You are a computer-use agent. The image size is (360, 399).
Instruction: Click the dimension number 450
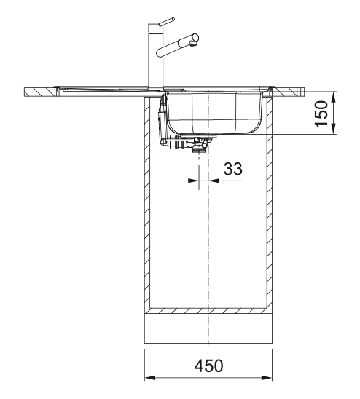click(208, 366)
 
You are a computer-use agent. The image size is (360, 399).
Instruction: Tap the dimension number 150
click(321, 114)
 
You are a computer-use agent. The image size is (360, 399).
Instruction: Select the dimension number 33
click(233, 168)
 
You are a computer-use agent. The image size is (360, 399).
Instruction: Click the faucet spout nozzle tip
click(193, 45)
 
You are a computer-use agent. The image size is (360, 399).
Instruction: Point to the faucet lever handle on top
click(166, 22)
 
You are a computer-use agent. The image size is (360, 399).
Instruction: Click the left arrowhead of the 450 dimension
click(150, 377)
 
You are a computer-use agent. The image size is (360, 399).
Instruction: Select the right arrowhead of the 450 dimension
click(267, 377)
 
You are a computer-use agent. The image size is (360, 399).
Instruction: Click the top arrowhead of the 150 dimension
click(334, 98)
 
